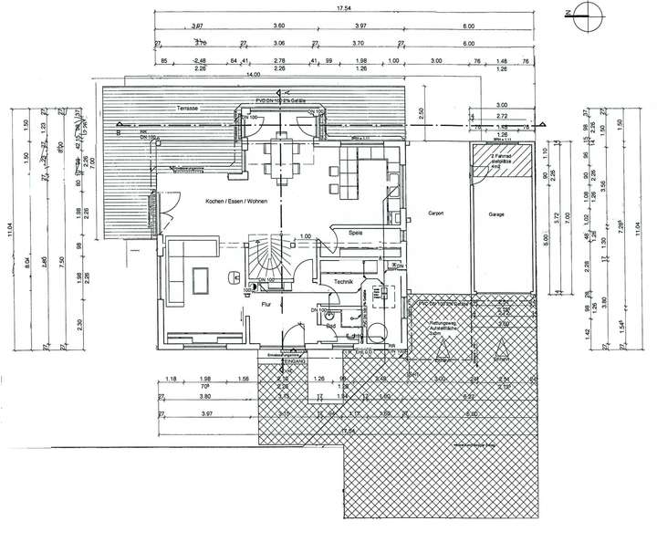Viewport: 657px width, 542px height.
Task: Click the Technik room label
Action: (x=344, y=283)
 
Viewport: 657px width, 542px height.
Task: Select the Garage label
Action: (x=496, y=215)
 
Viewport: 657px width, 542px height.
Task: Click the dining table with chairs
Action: (x=284, y=156)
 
